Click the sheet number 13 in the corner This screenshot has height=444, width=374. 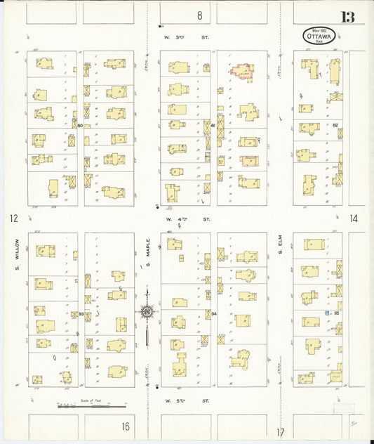(x=347, y=17)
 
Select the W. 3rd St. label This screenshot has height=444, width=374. (x=187, y=37)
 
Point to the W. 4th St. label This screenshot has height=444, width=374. (x=187, y=219)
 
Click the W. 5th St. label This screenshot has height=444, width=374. (x=187, y=400)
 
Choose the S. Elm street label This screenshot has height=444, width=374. (x=279, y=247)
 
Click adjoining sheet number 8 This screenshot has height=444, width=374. (x=199, y=15)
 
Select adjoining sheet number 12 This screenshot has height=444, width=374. (x=13, y=218)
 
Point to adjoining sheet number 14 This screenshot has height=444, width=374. (x=354, y=218)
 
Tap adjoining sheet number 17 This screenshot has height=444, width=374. (x=281, y=432)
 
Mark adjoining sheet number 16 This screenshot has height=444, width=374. (x=125, y=426)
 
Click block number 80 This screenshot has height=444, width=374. (x=81, y=126)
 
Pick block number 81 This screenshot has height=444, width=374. (x=213, y=125)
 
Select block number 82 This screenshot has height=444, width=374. (x=335, y=125)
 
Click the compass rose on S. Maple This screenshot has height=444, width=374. (x=147, y=311)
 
